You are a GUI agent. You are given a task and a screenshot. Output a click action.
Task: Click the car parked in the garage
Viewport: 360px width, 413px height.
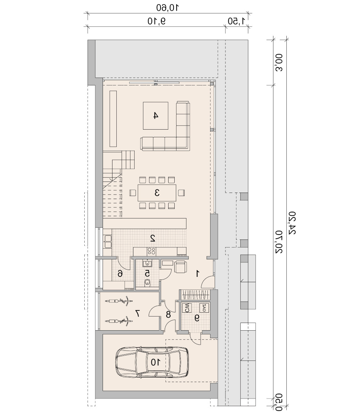(152, 362)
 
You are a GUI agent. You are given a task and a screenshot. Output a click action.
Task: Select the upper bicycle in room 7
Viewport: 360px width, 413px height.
(119, 301)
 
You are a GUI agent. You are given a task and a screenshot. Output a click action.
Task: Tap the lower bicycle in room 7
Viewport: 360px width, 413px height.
(119, 321)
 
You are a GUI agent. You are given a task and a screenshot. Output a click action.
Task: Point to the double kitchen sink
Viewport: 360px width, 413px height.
(108, 242)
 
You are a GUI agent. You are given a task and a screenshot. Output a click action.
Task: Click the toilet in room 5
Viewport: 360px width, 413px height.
(147, 283)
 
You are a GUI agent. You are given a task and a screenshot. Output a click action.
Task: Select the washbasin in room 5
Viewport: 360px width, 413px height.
(147, 263)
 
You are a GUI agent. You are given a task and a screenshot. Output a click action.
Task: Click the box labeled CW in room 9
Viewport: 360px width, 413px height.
(187, 308)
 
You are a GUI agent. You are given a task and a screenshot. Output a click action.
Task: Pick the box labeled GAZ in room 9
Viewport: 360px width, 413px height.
(205, 308)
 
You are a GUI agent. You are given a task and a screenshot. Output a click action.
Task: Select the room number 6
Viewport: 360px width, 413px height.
(120, 274)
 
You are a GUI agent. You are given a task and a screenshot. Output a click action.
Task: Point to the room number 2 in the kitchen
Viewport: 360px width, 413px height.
(153, 238)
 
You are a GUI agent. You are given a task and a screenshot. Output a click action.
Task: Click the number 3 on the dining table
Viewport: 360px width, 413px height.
(157, 193)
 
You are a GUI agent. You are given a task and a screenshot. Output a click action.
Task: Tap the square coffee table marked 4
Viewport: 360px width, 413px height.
(156, 116)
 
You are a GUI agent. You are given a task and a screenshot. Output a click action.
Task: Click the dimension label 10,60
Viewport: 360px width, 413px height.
(167, 8)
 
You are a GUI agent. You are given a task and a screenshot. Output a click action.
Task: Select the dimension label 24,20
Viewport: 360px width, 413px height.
(292, 223)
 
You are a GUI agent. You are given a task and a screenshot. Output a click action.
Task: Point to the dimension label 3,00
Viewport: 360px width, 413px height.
(279, 63)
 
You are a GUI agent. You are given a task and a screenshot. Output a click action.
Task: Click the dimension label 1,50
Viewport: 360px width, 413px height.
(236, 21)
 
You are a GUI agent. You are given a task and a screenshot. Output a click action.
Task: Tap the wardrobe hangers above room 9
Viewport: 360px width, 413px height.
(195, 295)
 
